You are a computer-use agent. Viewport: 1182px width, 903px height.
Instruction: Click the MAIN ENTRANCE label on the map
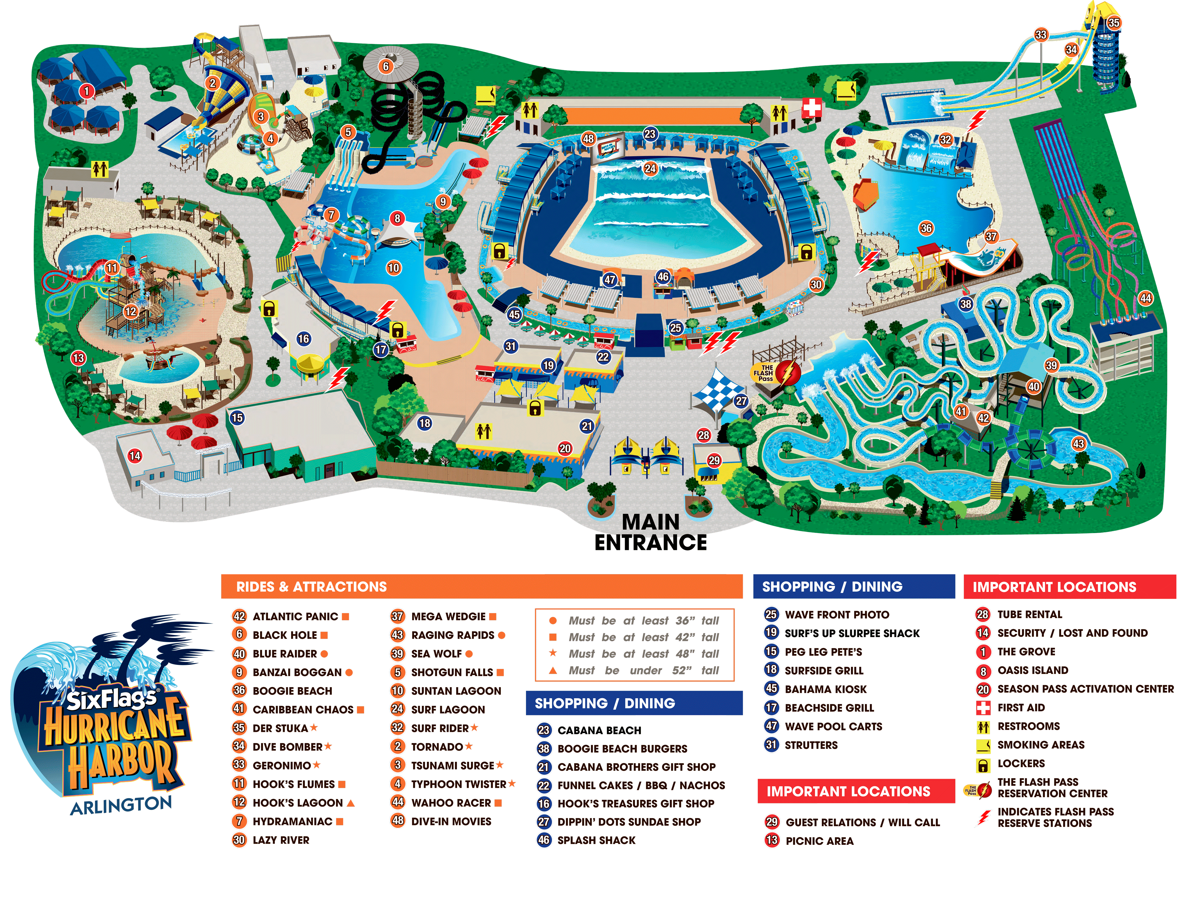pyautogui.click(x=650, y=532)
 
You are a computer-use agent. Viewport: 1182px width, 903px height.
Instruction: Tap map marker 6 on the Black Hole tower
pyautogui.click(x=385, y=67)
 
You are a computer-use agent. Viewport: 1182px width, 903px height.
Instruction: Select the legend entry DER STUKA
pyautogui.click(x=280, y=728)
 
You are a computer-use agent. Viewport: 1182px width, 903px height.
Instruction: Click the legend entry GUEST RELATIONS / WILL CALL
pyautogui.click(x=862, y=822)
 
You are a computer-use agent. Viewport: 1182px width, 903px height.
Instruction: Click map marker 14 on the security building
pyautogui.click(x=135, y=456)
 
